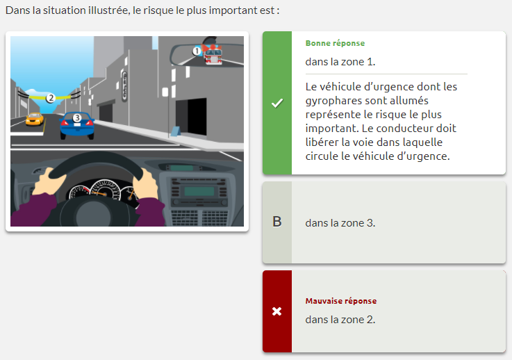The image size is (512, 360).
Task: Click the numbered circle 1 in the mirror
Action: click(197, 51)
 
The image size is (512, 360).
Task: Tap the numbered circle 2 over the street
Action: click(50, 98)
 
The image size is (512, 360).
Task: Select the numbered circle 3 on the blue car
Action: click(77, 117)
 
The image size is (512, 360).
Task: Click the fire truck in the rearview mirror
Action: click(213, 54)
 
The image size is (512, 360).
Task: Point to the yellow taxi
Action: click(34, 119)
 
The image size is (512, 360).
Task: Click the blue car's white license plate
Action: click(77, 124)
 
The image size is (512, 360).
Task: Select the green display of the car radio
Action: click(199, 191)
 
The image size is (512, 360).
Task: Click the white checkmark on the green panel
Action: click(277, 104)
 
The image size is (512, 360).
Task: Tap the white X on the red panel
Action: click(277, 311)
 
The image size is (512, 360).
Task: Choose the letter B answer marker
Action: click(277, 222)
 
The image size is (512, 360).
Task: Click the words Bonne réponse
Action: click(335, 43)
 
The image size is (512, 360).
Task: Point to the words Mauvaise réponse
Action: click(341, 301)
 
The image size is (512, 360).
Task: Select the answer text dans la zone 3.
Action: click(340, 223)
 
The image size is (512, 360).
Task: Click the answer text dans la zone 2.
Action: click(340, 320)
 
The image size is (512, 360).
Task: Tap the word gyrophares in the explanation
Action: click(333, 101)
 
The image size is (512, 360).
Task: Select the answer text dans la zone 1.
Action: click(340, 62)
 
